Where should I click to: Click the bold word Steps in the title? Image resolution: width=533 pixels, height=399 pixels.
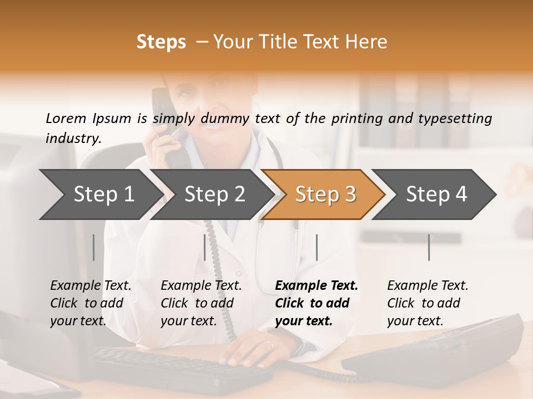click(161, 42)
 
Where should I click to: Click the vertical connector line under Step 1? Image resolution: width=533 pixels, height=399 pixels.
click(93, 247)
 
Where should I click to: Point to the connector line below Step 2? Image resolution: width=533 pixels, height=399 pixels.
click(205, 247)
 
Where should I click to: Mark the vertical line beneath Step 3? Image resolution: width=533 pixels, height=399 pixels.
click(316, 247)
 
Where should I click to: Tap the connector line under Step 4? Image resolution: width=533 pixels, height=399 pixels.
click(429, 247)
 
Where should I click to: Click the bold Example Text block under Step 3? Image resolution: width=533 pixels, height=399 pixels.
click(316, 303)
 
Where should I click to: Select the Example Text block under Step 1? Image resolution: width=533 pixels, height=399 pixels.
click(90, 303)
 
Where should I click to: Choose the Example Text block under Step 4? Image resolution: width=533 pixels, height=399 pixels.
click(428, 303)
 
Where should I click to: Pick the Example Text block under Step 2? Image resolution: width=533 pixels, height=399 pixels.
click(201, 303)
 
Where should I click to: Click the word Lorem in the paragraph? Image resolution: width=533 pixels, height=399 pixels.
click(66, 119)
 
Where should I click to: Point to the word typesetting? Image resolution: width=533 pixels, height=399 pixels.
click(459, 119)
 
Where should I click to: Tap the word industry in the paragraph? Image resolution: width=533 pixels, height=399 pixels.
click(73, 139)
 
